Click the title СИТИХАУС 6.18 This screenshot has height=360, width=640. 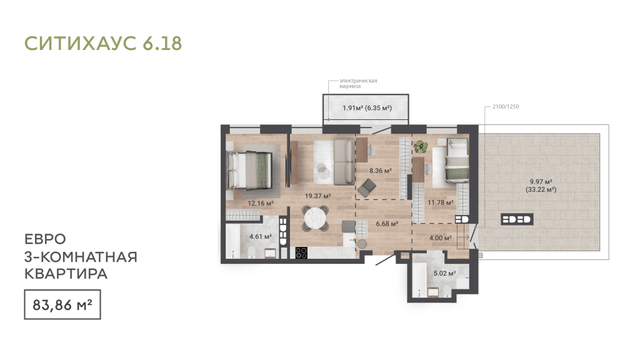pos(103,43)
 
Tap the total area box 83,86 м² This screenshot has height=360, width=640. pos(62,304)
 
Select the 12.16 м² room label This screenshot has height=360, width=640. pos(261,203)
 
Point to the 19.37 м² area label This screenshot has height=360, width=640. pos(317,196)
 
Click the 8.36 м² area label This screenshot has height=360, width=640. pos(381,171)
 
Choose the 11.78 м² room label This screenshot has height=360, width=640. pos(441,202)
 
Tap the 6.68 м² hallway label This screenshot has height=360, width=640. pos(387,224)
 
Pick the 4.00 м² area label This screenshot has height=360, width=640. pos(441,238)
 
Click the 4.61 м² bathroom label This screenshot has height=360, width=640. pos(261,236)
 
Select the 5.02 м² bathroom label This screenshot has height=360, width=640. pos(444,273)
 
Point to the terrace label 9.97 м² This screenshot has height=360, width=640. pos(541,182)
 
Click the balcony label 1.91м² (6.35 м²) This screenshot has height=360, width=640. pos(367,108)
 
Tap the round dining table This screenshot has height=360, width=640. pos(315,219)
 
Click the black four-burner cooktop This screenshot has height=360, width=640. pos(301,252)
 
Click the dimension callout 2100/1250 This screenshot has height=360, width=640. pos(506,106)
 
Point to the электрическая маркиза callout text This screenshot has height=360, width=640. pos(358,83)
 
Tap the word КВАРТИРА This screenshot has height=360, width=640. pos(66,274)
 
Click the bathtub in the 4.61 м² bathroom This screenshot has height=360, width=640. pos(232,241)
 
